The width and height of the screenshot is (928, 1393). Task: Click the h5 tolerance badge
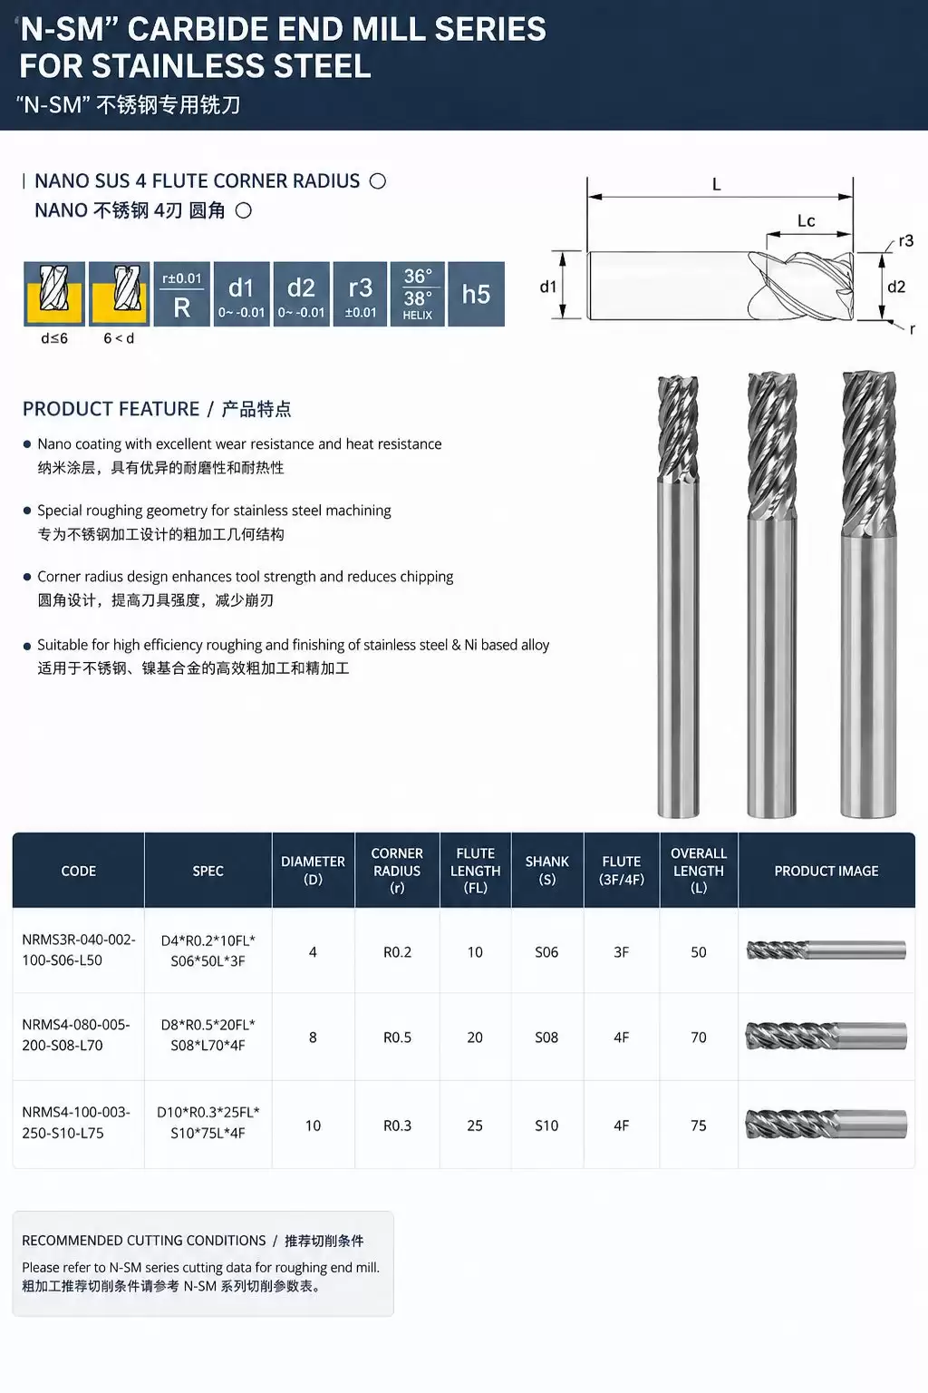476,294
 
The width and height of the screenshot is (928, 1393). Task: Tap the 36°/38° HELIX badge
417,294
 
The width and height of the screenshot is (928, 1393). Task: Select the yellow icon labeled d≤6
54,294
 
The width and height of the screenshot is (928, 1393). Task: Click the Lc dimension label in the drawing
806,220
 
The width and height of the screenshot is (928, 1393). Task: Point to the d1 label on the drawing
547,287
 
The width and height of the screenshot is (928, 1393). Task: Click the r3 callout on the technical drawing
905,240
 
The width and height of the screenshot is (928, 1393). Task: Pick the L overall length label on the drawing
716,185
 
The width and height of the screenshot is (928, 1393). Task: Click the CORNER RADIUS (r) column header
397,870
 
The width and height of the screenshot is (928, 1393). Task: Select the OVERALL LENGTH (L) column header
699,870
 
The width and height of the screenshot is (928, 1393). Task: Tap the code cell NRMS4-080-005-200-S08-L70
76,1035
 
